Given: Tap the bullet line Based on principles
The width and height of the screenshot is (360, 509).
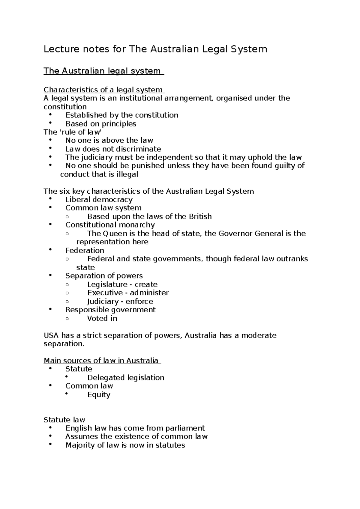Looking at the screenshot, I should coord(100,124).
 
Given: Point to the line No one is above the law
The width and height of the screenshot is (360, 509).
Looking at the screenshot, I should coord(109,141).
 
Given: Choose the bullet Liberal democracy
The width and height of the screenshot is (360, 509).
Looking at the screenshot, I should coord(99,200).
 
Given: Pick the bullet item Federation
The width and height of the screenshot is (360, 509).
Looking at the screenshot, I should coord(85,251).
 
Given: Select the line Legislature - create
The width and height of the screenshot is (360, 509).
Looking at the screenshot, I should coord(122,284).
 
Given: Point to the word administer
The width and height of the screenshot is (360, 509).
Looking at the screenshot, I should coord(149,293).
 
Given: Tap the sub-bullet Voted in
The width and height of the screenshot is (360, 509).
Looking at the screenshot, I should coord(102,318).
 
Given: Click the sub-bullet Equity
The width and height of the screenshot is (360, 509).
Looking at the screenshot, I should coord(99,394).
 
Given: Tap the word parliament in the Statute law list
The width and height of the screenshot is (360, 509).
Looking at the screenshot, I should coord(186,428).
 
